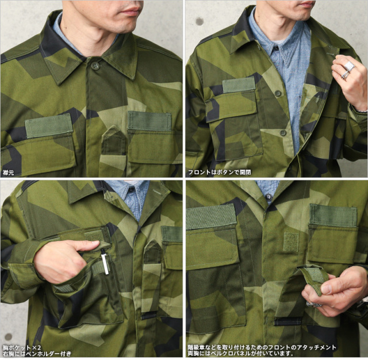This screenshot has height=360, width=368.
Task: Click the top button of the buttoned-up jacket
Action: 95,66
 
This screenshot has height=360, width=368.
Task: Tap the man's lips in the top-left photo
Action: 132,11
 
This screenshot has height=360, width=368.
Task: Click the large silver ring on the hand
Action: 348,67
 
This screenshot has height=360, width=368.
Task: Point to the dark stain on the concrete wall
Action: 199,21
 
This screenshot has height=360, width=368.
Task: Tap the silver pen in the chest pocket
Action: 105,262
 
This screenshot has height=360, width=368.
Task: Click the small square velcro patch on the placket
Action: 290,242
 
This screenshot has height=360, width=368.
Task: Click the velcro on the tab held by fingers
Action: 316,274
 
